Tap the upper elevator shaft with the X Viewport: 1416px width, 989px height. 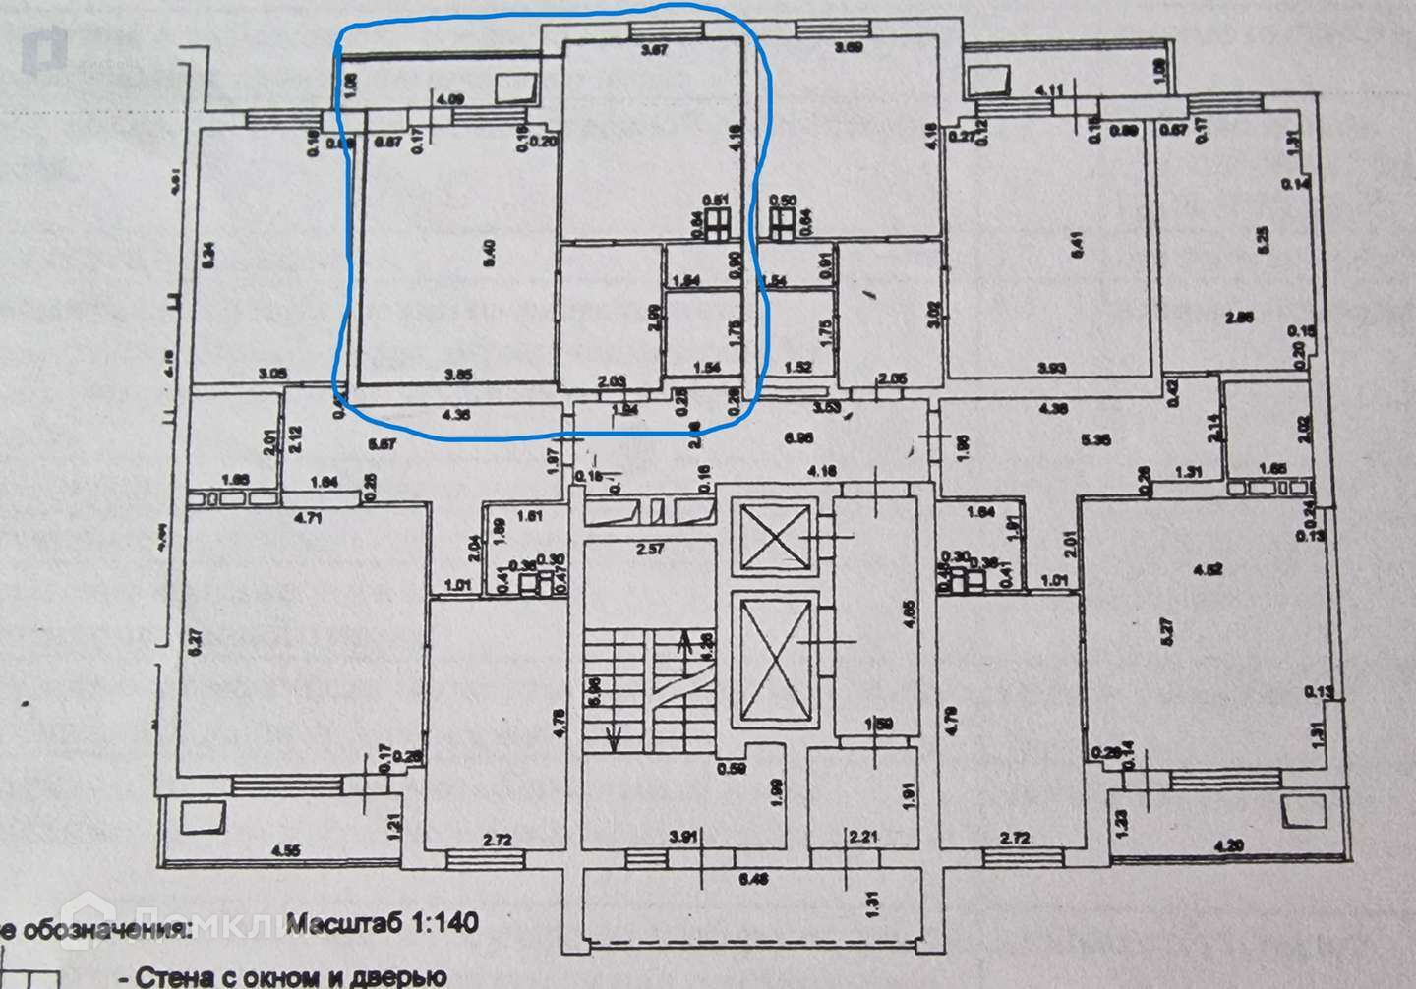(x=777, y=536)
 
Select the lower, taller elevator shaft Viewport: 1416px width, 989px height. (x=777, y=661)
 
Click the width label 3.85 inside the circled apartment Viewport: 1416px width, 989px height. (x=458, y=374)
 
